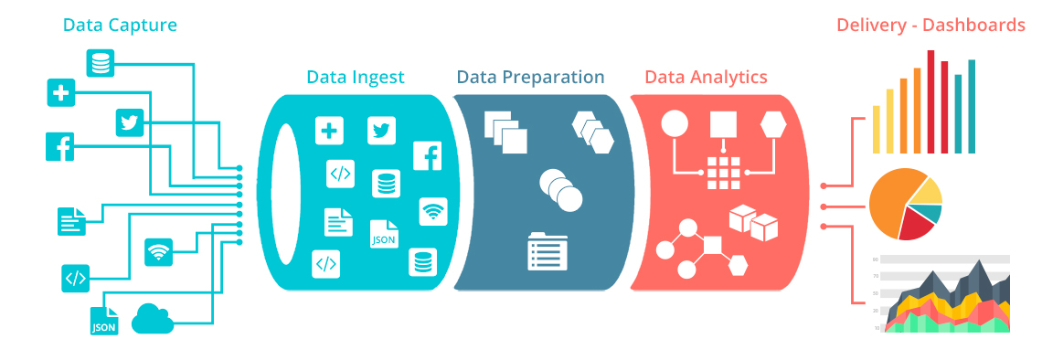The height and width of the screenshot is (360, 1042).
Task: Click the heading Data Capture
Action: [x=120, y=25]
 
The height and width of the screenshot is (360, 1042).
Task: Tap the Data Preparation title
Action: [x=530, y=78]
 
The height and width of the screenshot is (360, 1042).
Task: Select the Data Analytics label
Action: [x=706, y=77]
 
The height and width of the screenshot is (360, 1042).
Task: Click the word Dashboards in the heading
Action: [x=974, y=25]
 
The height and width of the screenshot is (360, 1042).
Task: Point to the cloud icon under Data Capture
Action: [x=153, y=319]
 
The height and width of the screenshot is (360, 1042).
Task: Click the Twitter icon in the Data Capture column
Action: [x=131, y=122]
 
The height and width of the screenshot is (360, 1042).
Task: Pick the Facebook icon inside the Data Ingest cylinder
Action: [x=427, y=156]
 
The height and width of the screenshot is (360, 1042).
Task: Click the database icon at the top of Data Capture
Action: [x=101, y=63]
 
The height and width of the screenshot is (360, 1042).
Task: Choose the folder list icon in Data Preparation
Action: [x=548, y=251]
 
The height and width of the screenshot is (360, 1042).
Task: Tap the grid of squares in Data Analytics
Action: [x=723, y=172]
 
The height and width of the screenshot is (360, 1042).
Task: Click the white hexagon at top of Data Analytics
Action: [x=773, y=122]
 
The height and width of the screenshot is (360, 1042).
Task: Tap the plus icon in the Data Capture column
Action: [x=60, y=92]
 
